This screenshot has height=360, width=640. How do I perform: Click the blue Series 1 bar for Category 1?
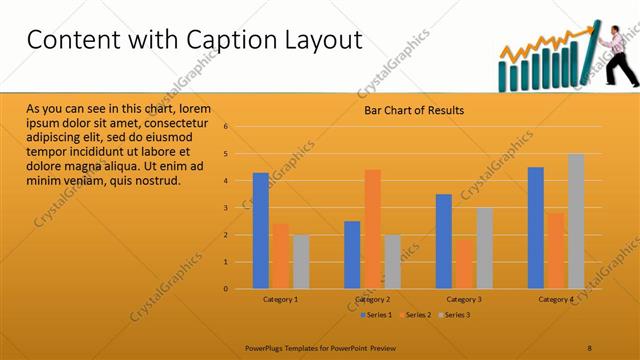260,231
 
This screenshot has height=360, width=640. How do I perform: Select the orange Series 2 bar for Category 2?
372,229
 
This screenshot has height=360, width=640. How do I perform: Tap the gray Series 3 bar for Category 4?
576,221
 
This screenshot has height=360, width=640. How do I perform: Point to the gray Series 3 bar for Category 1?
301,262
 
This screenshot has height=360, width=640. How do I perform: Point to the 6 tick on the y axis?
227,127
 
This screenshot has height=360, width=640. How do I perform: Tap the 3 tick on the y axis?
227,208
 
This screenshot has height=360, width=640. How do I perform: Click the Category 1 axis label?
280,299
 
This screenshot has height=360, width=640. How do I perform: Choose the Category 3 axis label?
464,299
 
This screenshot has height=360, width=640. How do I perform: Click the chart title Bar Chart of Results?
413,110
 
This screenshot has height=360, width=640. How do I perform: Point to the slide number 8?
590,347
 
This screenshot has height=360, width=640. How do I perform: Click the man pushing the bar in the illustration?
618,55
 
